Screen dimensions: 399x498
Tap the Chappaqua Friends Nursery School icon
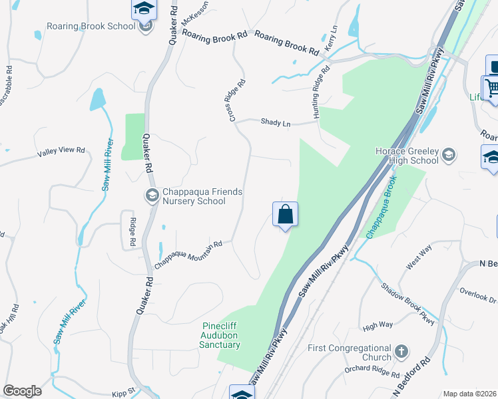pos(151,195)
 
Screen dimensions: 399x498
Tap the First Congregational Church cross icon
pos(401,350)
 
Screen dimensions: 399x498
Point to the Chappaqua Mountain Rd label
pos(188,255)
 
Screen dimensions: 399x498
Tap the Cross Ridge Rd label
pos(237,100)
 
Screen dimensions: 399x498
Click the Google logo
pos(22,391)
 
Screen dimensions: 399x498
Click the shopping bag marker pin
pos(285,215)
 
